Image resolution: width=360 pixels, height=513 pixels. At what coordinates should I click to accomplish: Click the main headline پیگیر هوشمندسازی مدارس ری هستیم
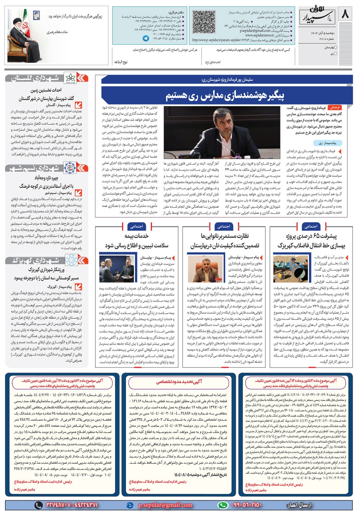[x=225, y=96]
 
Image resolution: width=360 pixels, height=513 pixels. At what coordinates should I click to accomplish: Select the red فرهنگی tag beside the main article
[x=335, y=107]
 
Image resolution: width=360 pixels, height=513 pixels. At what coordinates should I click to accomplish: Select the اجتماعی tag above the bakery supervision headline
[x=223, y=226]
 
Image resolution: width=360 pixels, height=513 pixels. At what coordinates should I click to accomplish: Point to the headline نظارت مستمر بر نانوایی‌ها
[x=225, y=236]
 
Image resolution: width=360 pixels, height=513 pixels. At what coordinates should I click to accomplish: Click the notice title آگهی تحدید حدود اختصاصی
[x=179, y=381]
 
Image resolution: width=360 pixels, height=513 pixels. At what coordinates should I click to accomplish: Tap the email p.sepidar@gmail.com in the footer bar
[x=165, y=505]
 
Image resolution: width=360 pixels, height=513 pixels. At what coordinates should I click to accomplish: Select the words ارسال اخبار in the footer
[x=299, y=505]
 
